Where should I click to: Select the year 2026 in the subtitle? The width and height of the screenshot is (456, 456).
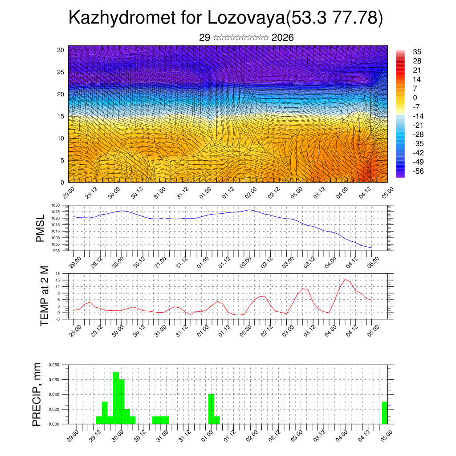pyautogui.click(x=282, y=38)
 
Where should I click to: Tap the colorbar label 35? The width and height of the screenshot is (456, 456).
pyautogui.click(x=417, y=52)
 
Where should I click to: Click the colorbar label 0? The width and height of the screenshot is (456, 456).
pyautogui.click(x=415, y=98)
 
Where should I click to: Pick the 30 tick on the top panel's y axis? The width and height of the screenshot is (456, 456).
pyautogui.click(x=61, y=50)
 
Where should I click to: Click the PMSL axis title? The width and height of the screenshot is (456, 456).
pyautogui.click(x=41, y=228)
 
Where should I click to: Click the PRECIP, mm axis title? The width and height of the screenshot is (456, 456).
pyautogui.click(x=37, y=394)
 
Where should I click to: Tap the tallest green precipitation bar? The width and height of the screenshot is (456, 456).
pyautogui.click(x=116, y=398)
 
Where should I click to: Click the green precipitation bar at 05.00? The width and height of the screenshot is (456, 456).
pyautogui.click(x=385, y=413)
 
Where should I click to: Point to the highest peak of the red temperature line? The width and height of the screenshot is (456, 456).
pyautogui.click(x=345, y=279)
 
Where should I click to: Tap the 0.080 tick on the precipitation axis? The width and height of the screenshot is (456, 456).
pyautogui.click(x=54, y=365)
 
